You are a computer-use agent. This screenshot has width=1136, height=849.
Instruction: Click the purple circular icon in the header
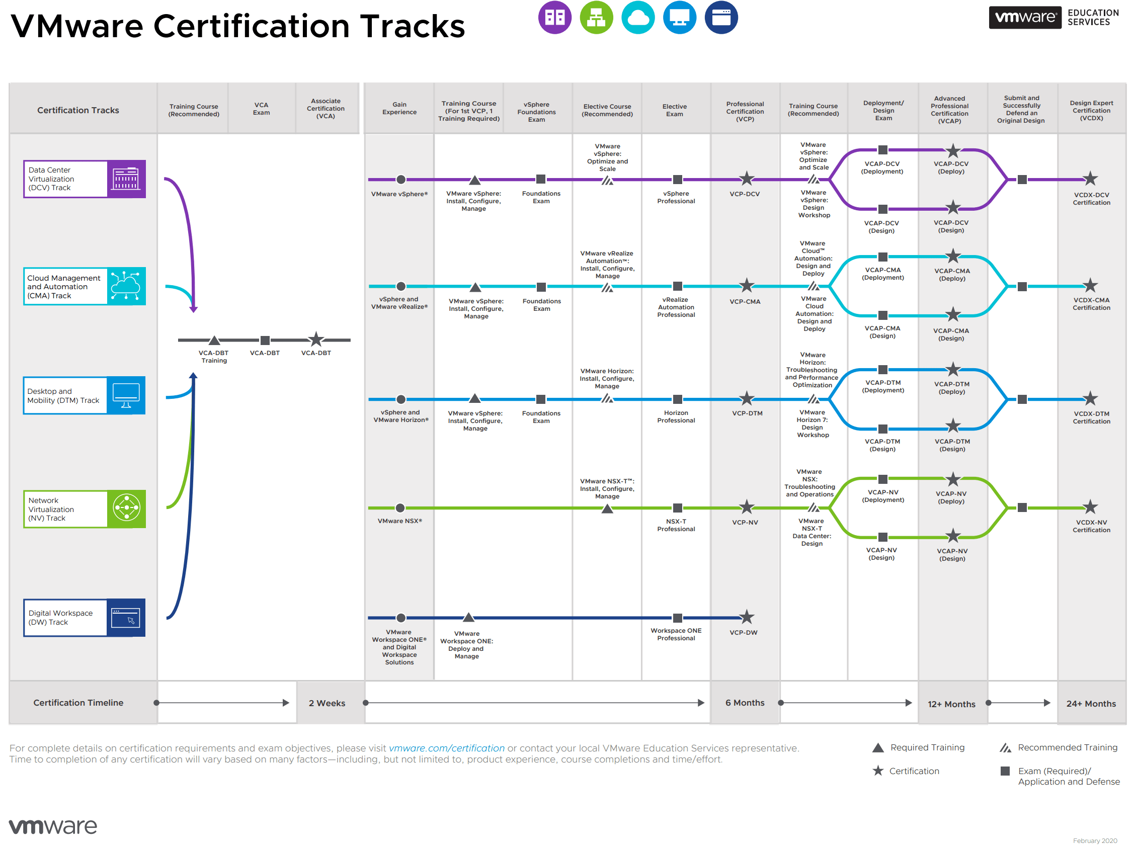click(554, 18)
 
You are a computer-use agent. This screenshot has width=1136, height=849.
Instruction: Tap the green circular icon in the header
click(596, 18)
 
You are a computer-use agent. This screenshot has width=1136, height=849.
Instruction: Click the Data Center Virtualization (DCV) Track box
click(84, 179)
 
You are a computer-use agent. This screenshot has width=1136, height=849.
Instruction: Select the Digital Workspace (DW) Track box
click(84, 618)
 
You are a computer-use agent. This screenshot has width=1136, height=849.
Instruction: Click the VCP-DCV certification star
click(746, 179)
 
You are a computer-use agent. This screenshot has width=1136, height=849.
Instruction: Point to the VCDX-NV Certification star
click(1090, 507)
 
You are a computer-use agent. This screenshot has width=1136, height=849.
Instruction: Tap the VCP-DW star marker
click(746, 617)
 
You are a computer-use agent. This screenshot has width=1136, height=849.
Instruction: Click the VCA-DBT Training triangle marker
click(214, 340)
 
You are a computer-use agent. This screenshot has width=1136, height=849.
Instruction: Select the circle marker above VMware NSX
click(400, 508)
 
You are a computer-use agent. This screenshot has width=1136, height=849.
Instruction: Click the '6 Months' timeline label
click(745, 703)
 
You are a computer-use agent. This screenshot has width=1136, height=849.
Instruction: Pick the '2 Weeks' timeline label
click(327, 703)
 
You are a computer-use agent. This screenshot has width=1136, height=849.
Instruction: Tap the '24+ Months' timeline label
click(1091, 704)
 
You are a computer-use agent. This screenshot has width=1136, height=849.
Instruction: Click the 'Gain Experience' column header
click(399, 108)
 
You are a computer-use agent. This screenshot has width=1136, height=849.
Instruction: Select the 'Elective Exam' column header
click(674, 110)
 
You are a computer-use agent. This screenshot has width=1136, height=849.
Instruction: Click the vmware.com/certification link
click(446, 748)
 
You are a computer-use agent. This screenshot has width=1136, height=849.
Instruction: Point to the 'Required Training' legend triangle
click(878, 748)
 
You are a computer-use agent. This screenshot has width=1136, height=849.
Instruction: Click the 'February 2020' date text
click(1094, 841)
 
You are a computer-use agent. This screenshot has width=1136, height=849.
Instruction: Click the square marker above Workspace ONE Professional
click(677, 618)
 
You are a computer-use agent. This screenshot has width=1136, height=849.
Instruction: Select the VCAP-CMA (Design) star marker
click(953, 315)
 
